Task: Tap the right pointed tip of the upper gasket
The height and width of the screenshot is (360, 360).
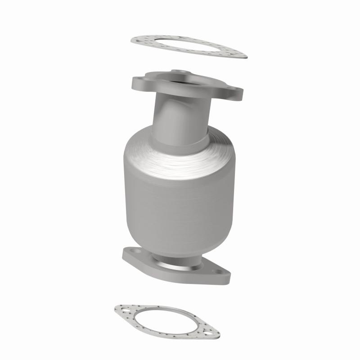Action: [x=245, y=56]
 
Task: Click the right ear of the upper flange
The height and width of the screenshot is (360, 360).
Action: [x=235, y=94]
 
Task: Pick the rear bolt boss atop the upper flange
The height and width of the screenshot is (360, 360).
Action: [x=180, y=72]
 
